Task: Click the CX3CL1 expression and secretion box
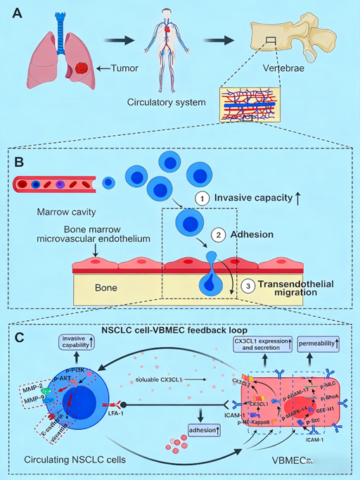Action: tap(264, 344)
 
